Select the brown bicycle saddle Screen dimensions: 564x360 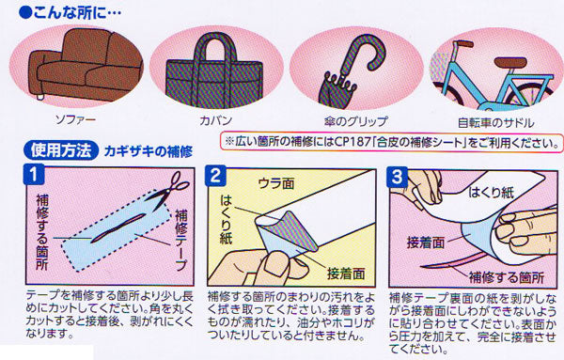pyautogui.click(x=510, y=62)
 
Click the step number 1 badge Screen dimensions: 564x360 pyautogui.click(x=34, y=175)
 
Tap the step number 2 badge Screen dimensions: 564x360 pyautogui.click(x=215, y=176)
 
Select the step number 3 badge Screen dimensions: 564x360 pyautogui.click(x=397, y=177)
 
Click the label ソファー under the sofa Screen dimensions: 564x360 pyautogui.click(x=75, y=119)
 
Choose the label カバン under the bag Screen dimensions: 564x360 pyautogui.click(x=216, y=120)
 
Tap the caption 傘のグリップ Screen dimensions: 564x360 pyautogui.click(x=355, y=121)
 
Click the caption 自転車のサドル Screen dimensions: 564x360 pyautogui.click(x=495, y=123)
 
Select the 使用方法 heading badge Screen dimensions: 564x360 pyautogui.click(x=61, y=150)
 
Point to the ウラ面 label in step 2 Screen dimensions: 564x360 pyautogui.click(x=276, y=184)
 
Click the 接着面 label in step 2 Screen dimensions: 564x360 pyautogui.click(x=346, y=274)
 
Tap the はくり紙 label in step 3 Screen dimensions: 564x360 pyautogui.click(x=491, y=193)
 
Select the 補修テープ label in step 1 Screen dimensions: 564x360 pyautogui.click(x=180, y=241)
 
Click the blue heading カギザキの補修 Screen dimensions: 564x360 pyautogui.click(x=149, y=151)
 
